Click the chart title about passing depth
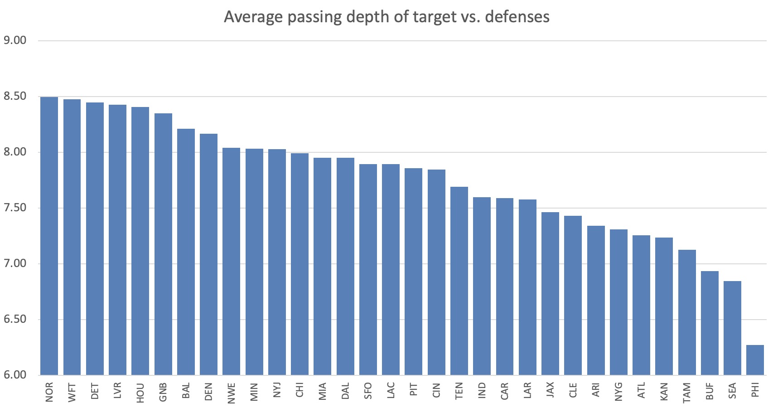[x=386, y=17]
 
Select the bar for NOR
[x=49, y=236]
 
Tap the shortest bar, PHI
[x=755, y=360]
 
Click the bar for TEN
[x=459, y=281]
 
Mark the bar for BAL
[x=186, y=252]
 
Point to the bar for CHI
[x=300, y=264]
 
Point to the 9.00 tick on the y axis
[x=15, y=40]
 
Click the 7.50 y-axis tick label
[x=15, y=208]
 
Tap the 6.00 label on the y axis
[x=15, y=375]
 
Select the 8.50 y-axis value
[x=15, y=96]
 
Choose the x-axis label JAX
[x=550, y=389]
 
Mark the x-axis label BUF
[x=710, y=391]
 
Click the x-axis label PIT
[x=414, y=389]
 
